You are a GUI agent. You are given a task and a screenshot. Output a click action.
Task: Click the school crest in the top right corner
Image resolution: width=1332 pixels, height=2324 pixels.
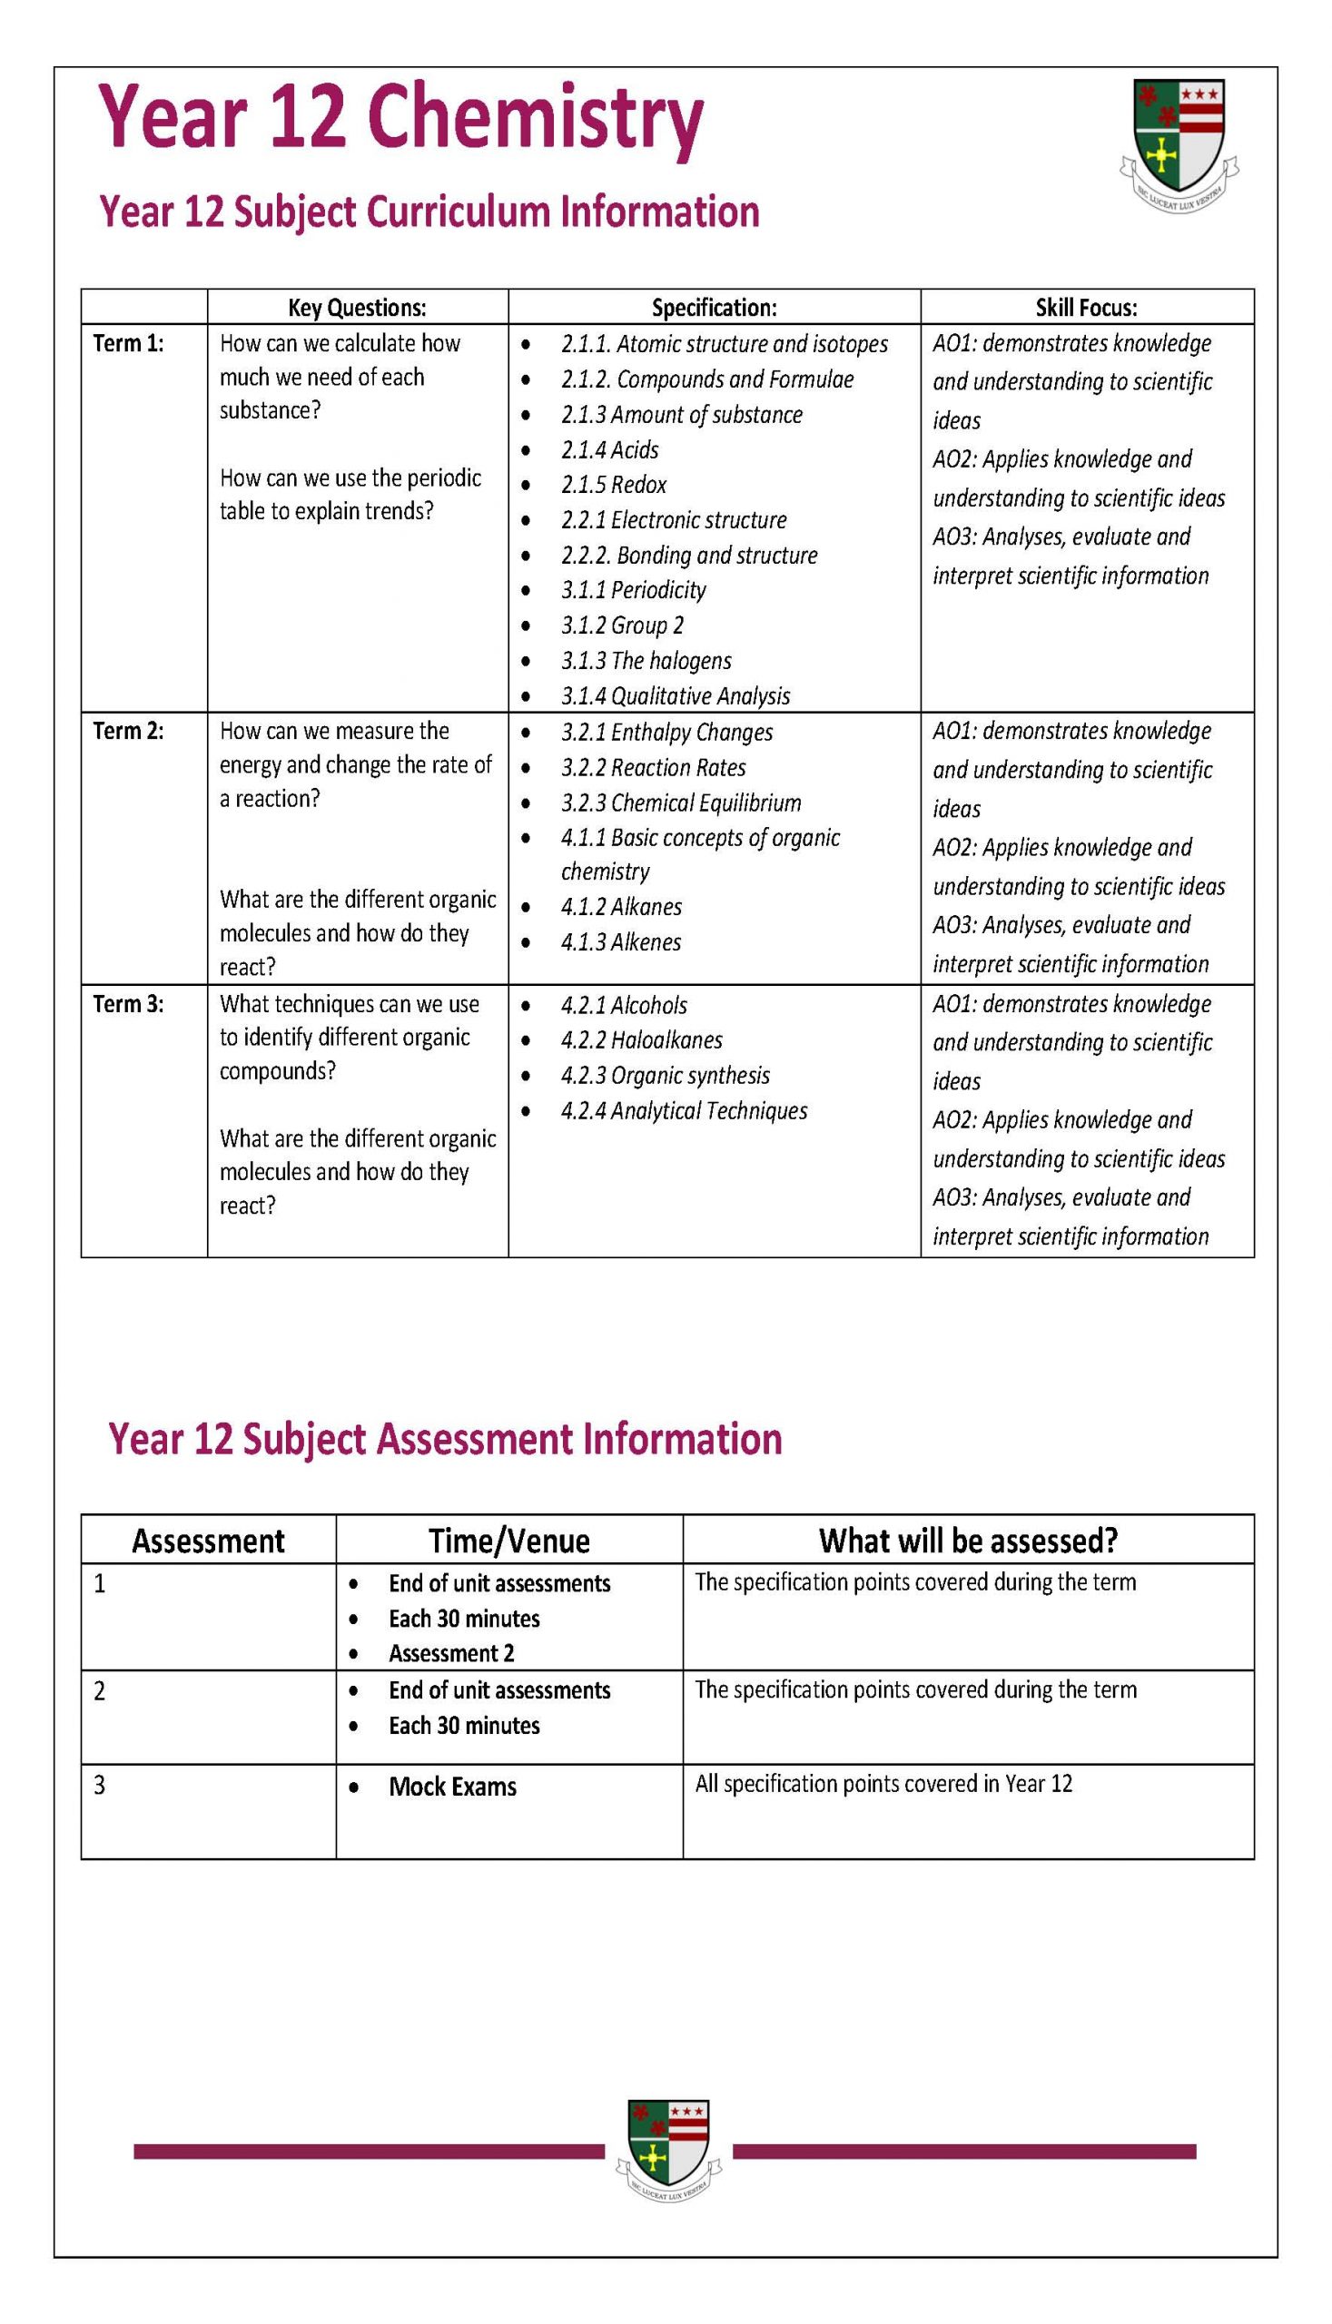click(1179, 139)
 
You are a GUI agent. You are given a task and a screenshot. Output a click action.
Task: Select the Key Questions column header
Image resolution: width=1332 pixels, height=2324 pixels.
click(357, 308)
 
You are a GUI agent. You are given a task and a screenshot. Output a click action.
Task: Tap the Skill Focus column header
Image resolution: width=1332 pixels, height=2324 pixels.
click(1086, 308)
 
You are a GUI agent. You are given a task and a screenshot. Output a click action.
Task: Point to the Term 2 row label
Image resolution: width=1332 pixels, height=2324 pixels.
click(128, 731)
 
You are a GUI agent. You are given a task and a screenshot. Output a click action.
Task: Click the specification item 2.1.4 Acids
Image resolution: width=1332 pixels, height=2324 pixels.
click(609, 450)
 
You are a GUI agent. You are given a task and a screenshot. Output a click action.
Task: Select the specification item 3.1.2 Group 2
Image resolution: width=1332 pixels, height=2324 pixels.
click(622, 625)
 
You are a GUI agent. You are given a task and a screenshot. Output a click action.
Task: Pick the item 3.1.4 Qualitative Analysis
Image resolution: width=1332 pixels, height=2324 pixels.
click(676, 696)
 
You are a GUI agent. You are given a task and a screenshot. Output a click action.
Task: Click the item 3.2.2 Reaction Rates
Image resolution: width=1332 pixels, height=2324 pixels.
click(653, 767)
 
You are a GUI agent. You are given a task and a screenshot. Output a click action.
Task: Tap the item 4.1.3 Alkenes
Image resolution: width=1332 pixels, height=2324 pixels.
click(621, 942)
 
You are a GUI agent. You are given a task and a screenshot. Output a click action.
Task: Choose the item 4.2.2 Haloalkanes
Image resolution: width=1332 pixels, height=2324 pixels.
click(641, 1040)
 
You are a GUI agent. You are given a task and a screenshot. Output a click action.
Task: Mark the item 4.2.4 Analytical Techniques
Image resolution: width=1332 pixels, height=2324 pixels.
click(685, 1110)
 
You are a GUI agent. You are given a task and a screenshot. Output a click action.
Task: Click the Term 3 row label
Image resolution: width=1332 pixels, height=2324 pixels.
click(128, 1004)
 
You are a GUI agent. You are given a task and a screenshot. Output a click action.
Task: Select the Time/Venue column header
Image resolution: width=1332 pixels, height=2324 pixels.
click(508, 1541)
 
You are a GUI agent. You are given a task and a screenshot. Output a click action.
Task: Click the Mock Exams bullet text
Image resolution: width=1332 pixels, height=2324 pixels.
click(452, 1787)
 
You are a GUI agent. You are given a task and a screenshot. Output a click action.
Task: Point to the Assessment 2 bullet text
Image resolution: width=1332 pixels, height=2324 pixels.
click(451, 1653)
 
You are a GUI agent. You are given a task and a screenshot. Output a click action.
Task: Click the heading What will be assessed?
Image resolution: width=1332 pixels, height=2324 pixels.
click(968, 1541)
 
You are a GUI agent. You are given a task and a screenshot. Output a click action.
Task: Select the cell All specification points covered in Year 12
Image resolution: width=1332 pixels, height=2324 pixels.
click(883, 1784)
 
